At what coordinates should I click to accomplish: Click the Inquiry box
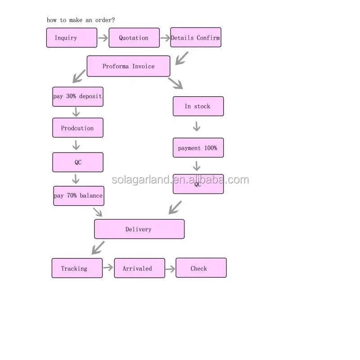click(72, 38)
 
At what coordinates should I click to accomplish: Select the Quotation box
click(134, 38)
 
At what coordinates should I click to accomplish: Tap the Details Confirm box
click(196, 38)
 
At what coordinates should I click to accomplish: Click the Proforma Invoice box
click(128, 66)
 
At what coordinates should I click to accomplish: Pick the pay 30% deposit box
click(77, 97)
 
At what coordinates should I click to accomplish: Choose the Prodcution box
click(77, 128)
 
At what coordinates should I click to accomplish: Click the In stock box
click(198, 106)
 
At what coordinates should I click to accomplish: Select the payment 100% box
click(198, 148)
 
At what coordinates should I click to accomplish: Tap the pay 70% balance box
click(78, 196)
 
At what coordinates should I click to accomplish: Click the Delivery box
click(139, 229)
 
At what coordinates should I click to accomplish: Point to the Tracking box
click(77, 268)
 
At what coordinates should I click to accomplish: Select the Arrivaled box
click(139, 268)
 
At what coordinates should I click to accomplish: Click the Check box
click(201, 268)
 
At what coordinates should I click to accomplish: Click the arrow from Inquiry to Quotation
click(103, 38)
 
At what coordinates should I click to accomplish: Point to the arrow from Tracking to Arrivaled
click(108, 268)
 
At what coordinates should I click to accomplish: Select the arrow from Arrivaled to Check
click(170, 269)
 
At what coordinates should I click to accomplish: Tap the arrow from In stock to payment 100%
click(196, 126)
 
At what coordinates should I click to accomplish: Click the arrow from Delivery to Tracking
click(98, 247)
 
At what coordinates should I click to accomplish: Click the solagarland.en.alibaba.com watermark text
click(180, 180)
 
